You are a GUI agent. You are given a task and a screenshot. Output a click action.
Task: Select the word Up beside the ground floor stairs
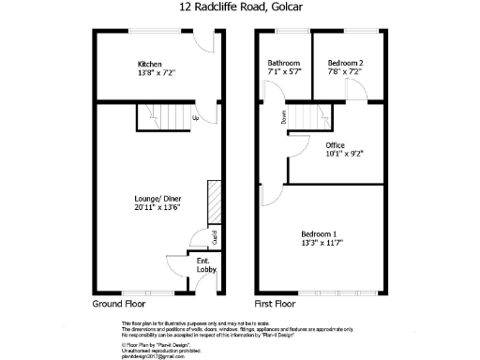coord(195,119)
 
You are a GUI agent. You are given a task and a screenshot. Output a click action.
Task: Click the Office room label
coord(335,145)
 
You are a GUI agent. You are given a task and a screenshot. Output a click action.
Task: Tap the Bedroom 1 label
coord(319,232)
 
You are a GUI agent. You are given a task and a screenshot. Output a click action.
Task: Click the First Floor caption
coord(276,305)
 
